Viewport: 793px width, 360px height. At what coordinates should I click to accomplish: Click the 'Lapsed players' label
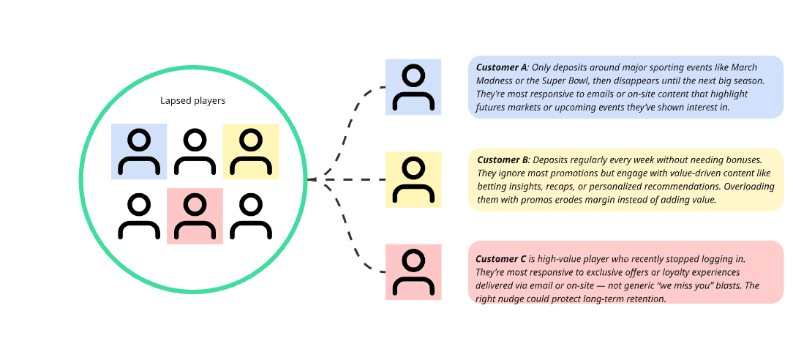193,101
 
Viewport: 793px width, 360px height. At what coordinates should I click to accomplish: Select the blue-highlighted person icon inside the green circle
139,151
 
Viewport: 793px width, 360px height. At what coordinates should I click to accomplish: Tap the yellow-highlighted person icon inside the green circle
250,151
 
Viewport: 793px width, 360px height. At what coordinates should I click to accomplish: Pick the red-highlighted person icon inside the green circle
195,216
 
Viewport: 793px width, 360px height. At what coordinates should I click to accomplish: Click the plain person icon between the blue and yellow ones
195,151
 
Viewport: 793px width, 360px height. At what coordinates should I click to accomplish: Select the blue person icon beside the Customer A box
413,87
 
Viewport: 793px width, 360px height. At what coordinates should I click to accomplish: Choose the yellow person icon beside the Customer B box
413,179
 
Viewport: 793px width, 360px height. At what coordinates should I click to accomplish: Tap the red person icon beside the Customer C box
413,271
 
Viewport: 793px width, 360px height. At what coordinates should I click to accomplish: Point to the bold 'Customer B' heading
503,160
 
